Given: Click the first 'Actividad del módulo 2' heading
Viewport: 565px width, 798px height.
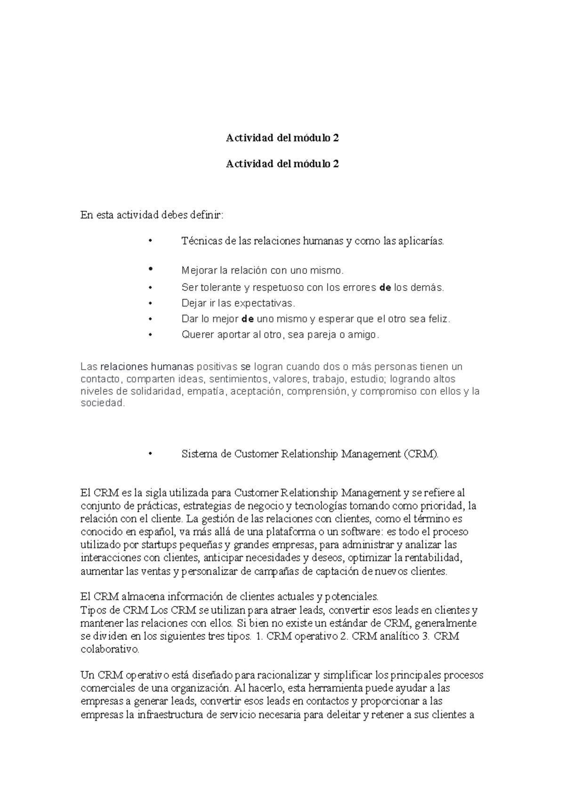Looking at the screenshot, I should [282, 138].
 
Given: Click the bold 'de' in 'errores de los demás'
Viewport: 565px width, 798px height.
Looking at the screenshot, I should [385, 287].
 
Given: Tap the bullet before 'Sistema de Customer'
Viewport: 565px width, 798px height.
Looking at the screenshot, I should [151, 454].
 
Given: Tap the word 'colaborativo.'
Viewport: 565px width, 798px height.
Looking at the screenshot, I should [110, 649].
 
